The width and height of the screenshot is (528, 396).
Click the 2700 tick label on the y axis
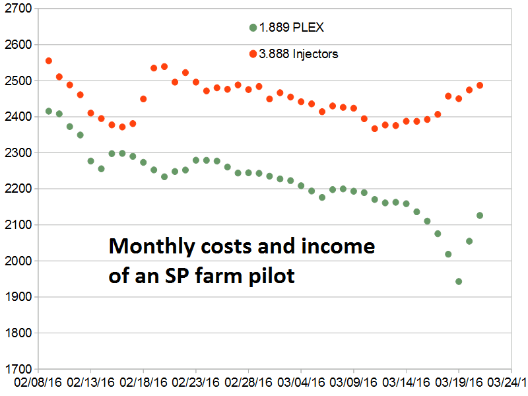click(18, 9)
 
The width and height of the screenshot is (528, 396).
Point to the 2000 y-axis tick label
click(18, 261)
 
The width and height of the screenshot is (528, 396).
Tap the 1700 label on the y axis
click(18, 369)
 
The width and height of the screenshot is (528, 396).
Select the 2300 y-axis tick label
click(18, 153)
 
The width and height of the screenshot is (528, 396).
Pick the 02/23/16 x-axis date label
click(196, 383)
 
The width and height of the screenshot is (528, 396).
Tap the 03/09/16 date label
click(354, 383)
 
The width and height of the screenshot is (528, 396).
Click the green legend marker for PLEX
click(253, 28)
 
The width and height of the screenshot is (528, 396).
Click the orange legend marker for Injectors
click(253, 54)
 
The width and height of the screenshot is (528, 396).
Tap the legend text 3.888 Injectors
click(298, 54)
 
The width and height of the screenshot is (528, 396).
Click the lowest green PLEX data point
click(459, 281)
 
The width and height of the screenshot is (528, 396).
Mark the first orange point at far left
click(49, 61)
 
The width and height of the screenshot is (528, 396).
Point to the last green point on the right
click(480, 215)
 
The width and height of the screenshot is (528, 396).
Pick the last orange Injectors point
click(480, 85)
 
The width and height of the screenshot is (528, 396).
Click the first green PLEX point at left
click(49, 111)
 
